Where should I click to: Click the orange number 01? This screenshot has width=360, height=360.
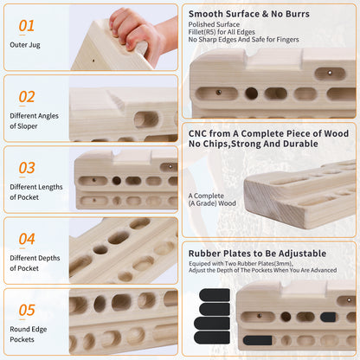(x=27, y=26)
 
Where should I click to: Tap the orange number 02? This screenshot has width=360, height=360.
(x=27, y=97)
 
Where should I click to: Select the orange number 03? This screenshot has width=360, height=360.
(x=27, y=168)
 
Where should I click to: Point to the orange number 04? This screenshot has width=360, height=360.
(x=27, y=239)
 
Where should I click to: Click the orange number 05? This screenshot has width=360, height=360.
(x=27, y=310)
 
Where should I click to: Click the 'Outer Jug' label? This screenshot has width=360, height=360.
(x=25, y=45)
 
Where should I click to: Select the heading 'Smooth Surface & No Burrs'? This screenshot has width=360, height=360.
(x=249, y=14)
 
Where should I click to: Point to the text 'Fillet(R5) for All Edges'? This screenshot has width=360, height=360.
(x=222, y=32)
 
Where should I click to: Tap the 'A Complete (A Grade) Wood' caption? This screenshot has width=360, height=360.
(x=212, y=199)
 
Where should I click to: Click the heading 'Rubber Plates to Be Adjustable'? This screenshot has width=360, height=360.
(x=257, y=254)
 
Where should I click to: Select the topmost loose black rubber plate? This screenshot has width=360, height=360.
(x=215, y=295)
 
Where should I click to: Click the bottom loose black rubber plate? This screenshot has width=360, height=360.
(x=212, y=337)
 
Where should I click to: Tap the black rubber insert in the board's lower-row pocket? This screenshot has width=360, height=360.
(x=257, y=340)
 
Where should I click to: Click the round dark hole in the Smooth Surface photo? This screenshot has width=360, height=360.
(x=251, y=93)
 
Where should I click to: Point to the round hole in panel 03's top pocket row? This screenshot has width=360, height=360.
(x=117, y=181)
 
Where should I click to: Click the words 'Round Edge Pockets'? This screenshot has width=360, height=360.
(x=29, y=334)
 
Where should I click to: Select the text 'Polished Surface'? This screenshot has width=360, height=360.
(x=214, y=24)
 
